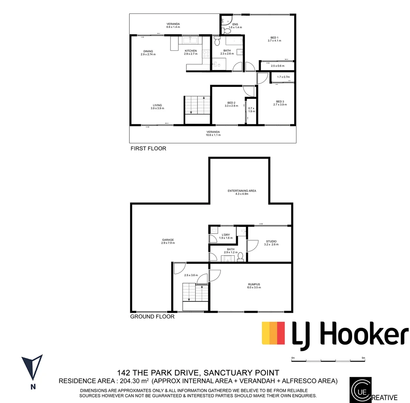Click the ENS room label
pyautogui.click(x=235, y=25)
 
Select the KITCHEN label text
pyautogui.click(x=190, y=51)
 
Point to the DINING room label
pyautogui.click(x=148, y=51)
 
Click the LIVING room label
pyautogui.click(x=157, y=105)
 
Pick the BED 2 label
pyautogui.click(x=231, y=103)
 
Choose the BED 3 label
pyautogui.click(x=280, y=101)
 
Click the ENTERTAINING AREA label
pyautogui.click(x=242, y=191)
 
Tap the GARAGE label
pyautogui.click(x=168, y=240)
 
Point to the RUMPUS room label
pyautogui.click(x=254, y=284)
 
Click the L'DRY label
pyautogui.click(x=225, y=235)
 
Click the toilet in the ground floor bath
pyautogui.click(x=240, y=256)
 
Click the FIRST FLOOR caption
pyautogui.click(x=148, y=149)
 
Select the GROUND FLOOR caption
pyautogui.click(x=152, y=317)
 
